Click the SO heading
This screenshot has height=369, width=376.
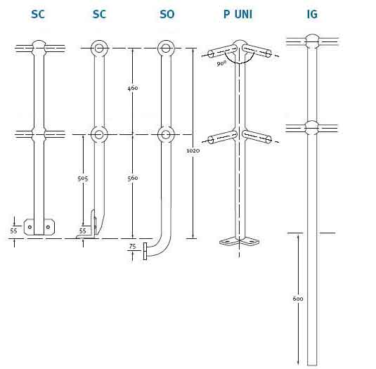coord(167,14)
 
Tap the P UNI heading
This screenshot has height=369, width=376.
coord(238,14)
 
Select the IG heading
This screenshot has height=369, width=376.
coord(312,14)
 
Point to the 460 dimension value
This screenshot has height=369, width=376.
coord(133,89)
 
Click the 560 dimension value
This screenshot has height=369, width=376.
coord(133,178)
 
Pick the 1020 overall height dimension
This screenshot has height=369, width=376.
coord(193,151)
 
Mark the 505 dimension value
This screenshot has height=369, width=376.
coord(83,179)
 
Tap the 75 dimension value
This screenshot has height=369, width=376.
coord(132,246)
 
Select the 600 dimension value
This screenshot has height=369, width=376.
coord(298,299)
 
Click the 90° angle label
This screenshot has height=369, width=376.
coord(221,63)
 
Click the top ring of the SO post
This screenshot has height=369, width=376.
coord(166,48)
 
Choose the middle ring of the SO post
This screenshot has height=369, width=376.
coord(166,134)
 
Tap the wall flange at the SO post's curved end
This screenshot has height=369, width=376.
coord(145,251)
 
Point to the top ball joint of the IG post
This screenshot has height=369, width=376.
coord(312,41)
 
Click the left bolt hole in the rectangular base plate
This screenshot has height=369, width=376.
coord(30,227)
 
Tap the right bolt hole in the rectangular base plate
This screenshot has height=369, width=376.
coord(48,227)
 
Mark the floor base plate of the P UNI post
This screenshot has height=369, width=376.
coord(240,241)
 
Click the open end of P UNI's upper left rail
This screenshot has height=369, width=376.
coord(211,54)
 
